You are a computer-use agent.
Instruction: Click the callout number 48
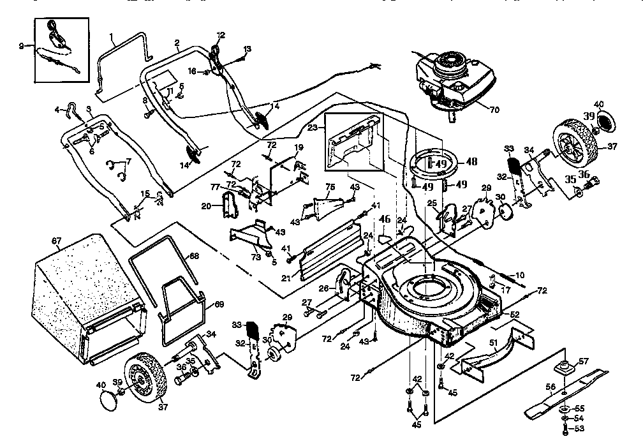[x=472, y=161]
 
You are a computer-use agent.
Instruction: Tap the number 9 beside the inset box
[x=21, y=45]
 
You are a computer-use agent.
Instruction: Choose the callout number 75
[x=330, y=186]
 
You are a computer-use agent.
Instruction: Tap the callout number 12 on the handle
[x=221, y=34]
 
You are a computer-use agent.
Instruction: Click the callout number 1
[x=111, y=36]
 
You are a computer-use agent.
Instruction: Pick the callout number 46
[x=385, y=218]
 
